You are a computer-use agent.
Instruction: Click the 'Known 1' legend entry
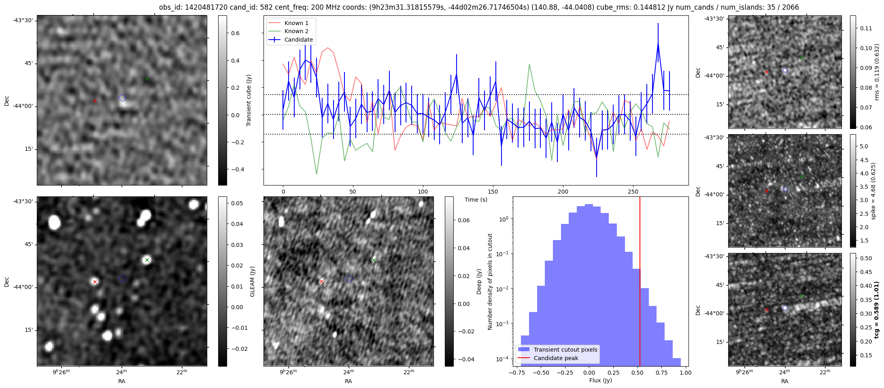pos(296,23)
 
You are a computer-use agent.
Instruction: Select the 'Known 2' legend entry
pos(296,31)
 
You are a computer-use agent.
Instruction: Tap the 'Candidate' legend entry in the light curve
pos(298,40)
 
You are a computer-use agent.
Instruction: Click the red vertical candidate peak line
pos(640,283)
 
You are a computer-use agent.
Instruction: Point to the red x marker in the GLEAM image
pos(95,282)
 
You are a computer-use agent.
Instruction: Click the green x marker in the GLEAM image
pos(147,260)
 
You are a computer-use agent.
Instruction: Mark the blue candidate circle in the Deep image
pos(349,279)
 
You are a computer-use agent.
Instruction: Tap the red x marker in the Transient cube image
pos(95,101)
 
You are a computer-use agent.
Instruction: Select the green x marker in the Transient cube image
pos(147,79)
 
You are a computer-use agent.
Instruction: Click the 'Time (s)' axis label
pos(476,200)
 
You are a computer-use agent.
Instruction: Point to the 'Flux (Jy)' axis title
pos(601,380)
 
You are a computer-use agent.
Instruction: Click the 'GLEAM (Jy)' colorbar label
pos(253,281)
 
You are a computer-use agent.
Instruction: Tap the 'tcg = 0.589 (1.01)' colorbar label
pos(876,310)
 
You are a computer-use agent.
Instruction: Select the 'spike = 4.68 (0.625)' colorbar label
pos(873,191)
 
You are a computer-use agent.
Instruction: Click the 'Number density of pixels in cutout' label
pos(490,281)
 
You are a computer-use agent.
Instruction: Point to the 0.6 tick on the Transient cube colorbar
pos(235,33)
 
